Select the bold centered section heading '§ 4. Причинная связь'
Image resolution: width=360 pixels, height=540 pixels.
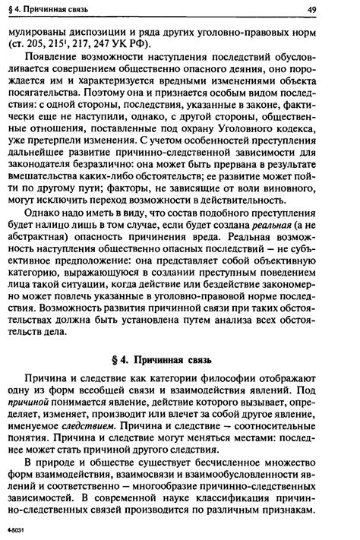coord(180,358)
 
